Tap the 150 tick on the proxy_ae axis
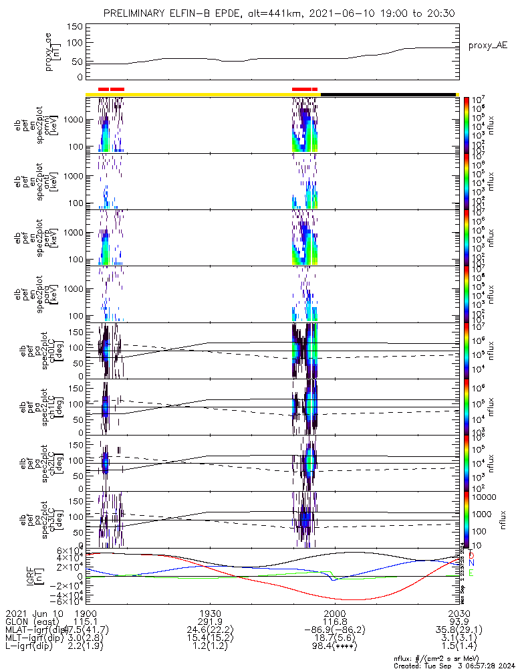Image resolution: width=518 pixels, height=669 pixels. coord(75,27)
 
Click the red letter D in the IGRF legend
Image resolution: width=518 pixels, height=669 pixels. coord(471,555)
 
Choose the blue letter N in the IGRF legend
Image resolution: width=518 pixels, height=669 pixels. coord(471,563)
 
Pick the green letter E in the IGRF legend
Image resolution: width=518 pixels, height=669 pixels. coord(471,573)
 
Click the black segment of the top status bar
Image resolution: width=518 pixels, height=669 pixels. coord(388,94)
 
